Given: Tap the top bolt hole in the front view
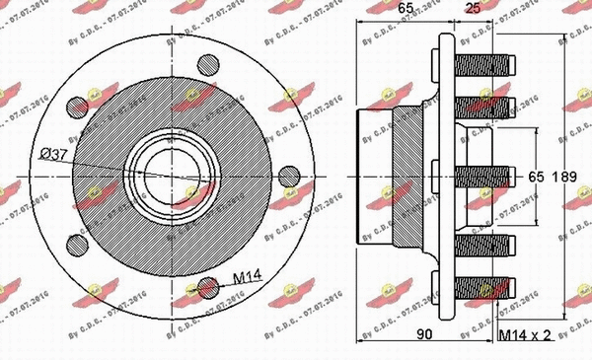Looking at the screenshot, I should (x=208, y=65).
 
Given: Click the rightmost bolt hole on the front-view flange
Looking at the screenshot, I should (x=288, y=176).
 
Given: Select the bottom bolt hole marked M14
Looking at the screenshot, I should (x=208, y=287).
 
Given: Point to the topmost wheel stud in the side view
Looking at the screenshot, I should (x=483, y=67).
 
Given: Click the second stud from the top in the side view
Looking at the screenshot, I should (x=483, y=105).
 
